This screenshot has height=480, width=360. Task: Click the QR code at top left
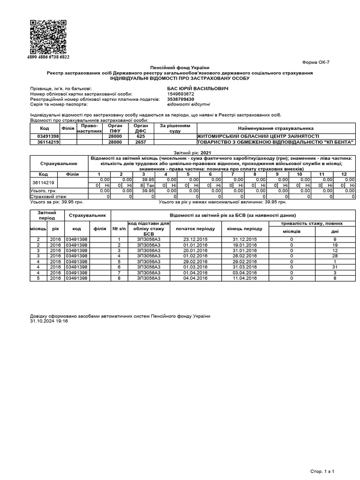pyautogui.click(x=48, y=37)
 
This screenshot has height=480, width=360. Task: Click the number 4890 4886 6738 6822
pyautogui.click(x=49, y=57)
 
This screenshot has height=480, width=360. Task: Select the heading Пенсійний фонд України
pyautogui.click(x=180, y=68)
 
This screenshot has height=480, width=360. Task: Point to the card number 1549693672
pyautogui.click(x=180, y=94)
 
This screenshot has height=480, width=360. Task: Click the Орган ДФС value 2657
pyautogui.click(x=141, y=142)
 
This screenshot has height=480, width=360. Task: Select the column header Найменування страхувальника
pyautogui.click(x=276, y=128)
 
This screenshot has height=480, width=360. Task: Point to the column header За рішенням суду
pyautogui.click(x=175, y=128)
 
